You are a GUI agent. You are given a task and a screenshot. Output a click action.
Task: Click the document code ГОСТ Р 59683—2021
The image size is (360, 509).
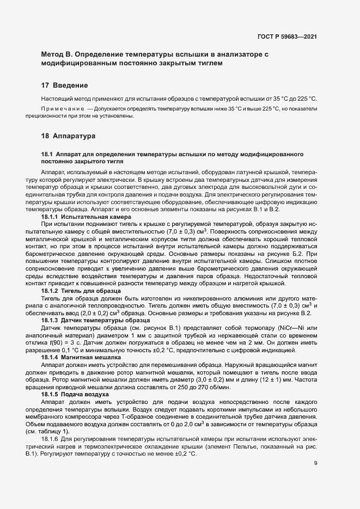coord(286,37)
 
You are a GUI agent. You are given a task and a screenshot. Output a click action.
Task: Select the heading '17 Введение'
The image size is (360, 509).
coord(64,85)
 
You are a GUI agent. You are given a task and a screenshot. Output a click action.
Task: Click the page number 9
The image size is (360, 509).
coord(316,463)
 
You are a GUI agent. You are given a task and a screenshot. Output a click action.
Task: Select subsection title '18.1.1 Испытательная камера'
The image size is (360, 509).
coord(86,217)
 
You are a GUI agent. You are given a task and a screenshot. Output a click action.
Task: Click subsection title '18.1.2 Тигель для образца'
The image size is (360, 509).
coord(81,291)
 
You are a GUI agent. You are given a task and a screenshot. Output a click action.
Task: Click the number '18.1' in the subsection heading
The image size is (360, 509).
coord(46,155)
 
